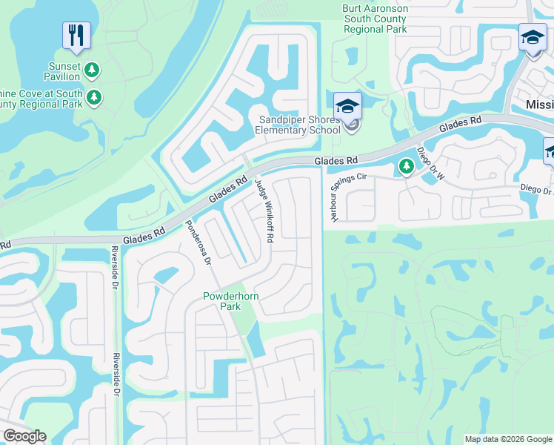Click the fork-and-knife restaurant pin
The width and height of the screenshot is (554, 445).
click(76, 35)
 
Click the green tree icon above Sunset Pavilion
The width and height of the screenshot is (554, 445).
click(93, 70)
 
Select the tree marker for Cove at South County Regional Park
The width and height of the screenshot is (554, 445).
click(94, 97)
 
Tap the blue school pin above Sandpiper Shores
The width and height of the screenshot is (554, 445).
click(347, 106)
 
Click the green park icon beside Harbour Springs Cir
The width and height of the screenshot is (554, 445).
click(406, 167)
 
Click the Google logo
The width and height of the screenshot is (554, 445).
click(24, 436)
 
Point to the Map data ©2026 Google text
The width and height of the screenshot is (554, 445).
click(507, 439)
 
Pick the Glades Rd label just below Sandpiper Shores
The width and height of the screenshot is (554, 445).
click(336, 160)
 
